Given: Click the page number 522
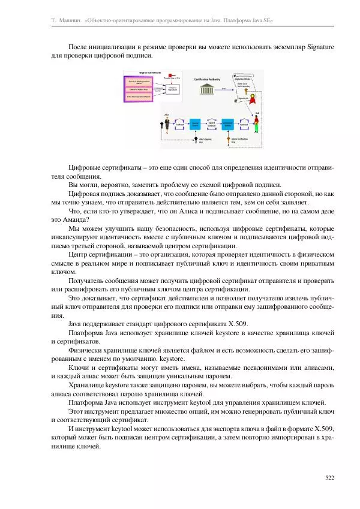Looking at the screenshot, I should coord(329,478).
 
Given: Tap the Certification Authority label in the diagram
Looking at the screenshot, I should coord(207,79).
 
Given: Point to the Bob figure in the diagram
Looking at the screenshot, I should coord(257,123).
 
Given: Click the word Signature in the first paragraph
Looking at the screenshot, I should coord(320,46).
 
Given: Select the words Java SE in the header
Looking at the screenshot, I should coord(262,20).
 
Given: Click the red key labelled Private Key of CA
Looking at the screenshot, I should coord(172,74).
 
